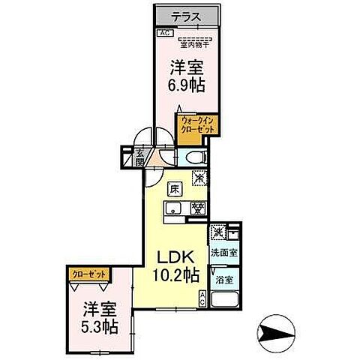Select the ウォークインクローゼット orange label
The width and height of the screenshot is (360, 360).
pyautogui.click(x=196, y=124)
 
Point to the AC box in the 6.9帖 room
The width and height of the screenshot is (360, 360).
pyautogui.click(x=163, y=33)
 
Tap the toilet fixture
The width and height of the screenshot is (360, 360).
pyautogui.click(x=195, y=157)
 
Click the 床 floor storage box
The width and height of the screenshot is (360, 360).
pyautogui.click(x=175, y=188)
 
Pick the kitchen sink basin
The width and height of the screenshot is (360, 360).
pyautogui.click(x=173, y=209)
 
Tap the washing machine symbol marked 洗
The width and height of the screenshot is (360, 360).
pyautogui.click(x=217, y=232)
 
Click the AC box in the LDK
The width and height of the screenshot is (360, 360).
pyautogui.click(x=202, y=298)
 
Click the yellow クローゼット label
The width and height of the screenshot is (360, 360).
pyautogui.click(x=88, y=274)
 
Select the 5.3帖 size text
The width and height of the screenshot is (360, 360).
pyautogui.click(x=100, y=326)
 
